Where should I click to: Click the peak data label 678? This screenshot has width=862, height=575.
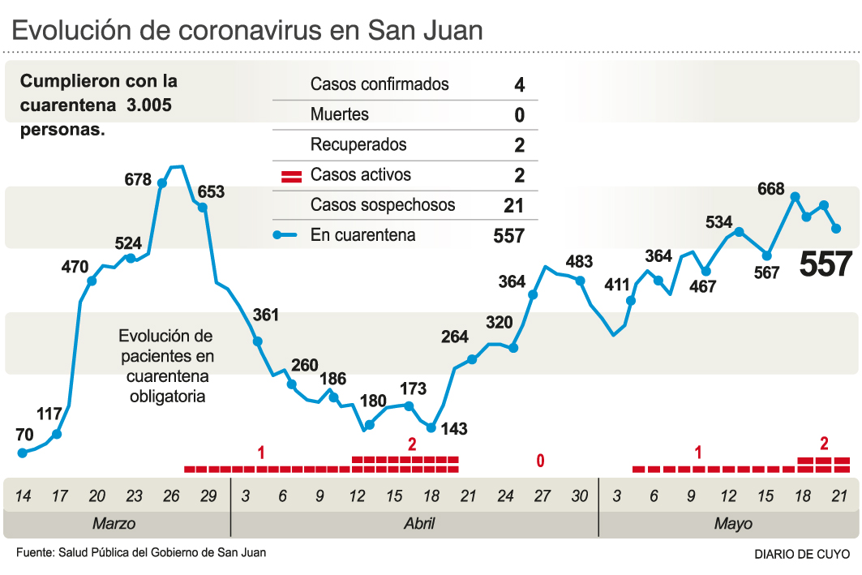pyautogui.click(x=138, y=179)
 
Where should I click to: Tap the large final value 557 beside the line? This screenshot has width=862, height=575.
pyautogui.click(x=826, y=264)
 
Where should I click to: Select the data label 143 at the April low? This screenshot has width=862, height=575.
pyautogui.click(x=454, y=429)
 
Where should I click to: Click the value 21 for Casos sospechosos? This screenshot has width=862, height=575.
pyautogui.click(x=513, y=206)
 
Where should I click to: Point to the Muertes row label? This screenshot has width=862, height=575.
pyautogui.click(x=339, y=114)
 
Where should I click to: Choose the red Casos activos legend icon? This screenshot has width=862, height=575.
pyautogui.click(x=290, y=175)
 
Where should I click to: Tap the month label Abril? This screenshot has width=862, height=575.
pyautogui.click(x=419, y=523)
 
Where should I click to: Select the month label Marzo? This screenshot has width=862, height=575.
pyautogui.click(x=114, y=523)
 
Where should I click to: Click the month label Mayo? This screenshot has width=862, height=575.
pyautogui.click(x=732, y=523)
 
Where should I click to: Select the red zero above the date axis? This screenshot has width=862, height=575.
pyautogui.click(x=540, y=461)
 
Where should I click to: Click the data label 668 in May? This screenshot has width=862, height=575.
pyautogui.click(x=770, y=189)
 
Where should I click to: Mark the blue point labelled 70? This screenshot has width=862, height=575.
pyautogui.click(x=23, y=453)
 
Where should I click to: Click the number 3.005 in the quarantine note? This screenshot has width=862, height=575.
pyautogui.click(x=148, y=105)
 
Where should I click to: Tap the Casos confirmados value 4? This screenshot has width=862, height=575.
pyautogui.click(x=519, y=84)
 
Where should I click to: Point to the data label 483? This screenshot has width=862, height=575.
pyautogui.click(x=579, y=262)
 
